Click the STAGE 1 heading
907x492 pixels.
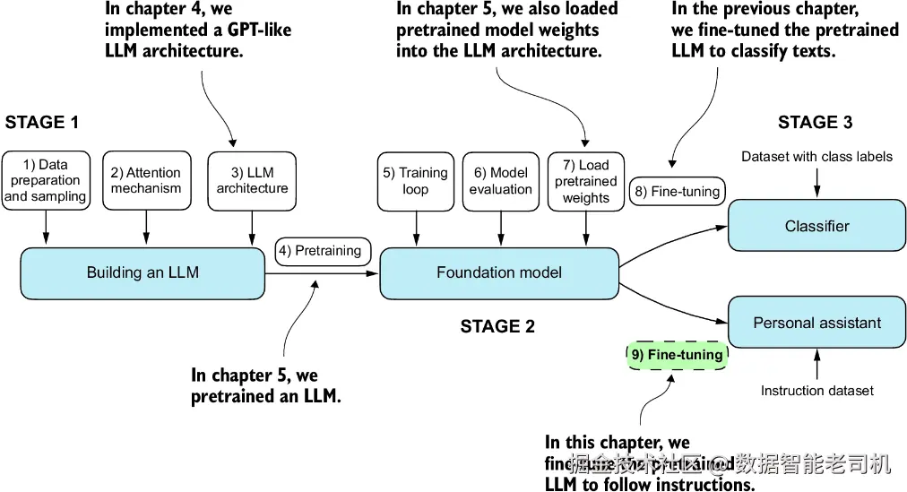(41, 123)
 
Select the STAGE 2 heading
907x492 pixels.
(497, 326)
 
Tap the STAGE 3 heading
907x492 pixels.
(815, 123)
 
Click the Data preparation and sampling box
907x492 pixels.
(46, 180)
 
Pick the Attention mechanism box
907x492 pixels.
(146, 180)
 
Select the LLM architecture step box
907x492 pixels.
(252, 180)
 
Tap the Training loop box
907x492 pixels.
(415, 180)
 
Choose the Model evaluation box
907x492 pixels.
(500, 180)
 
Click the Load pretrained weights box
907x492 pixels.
(586, 180)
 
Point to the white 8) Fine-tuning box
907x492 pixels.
(677, 191)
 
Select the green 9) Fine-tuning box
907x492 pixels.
(677, 355)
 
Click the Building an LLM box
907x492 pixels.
(143, 272)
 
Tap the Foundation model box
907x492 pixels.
(499, 272)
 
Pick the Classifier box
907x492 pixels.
(816, 226)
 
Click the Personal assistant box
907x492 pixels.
(816, 323)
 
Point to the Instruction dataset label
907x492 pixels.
(816, 391)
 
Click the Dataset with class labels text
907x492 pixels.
(816, 157)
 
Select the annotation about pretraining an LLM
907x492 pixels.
(265, 385)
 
